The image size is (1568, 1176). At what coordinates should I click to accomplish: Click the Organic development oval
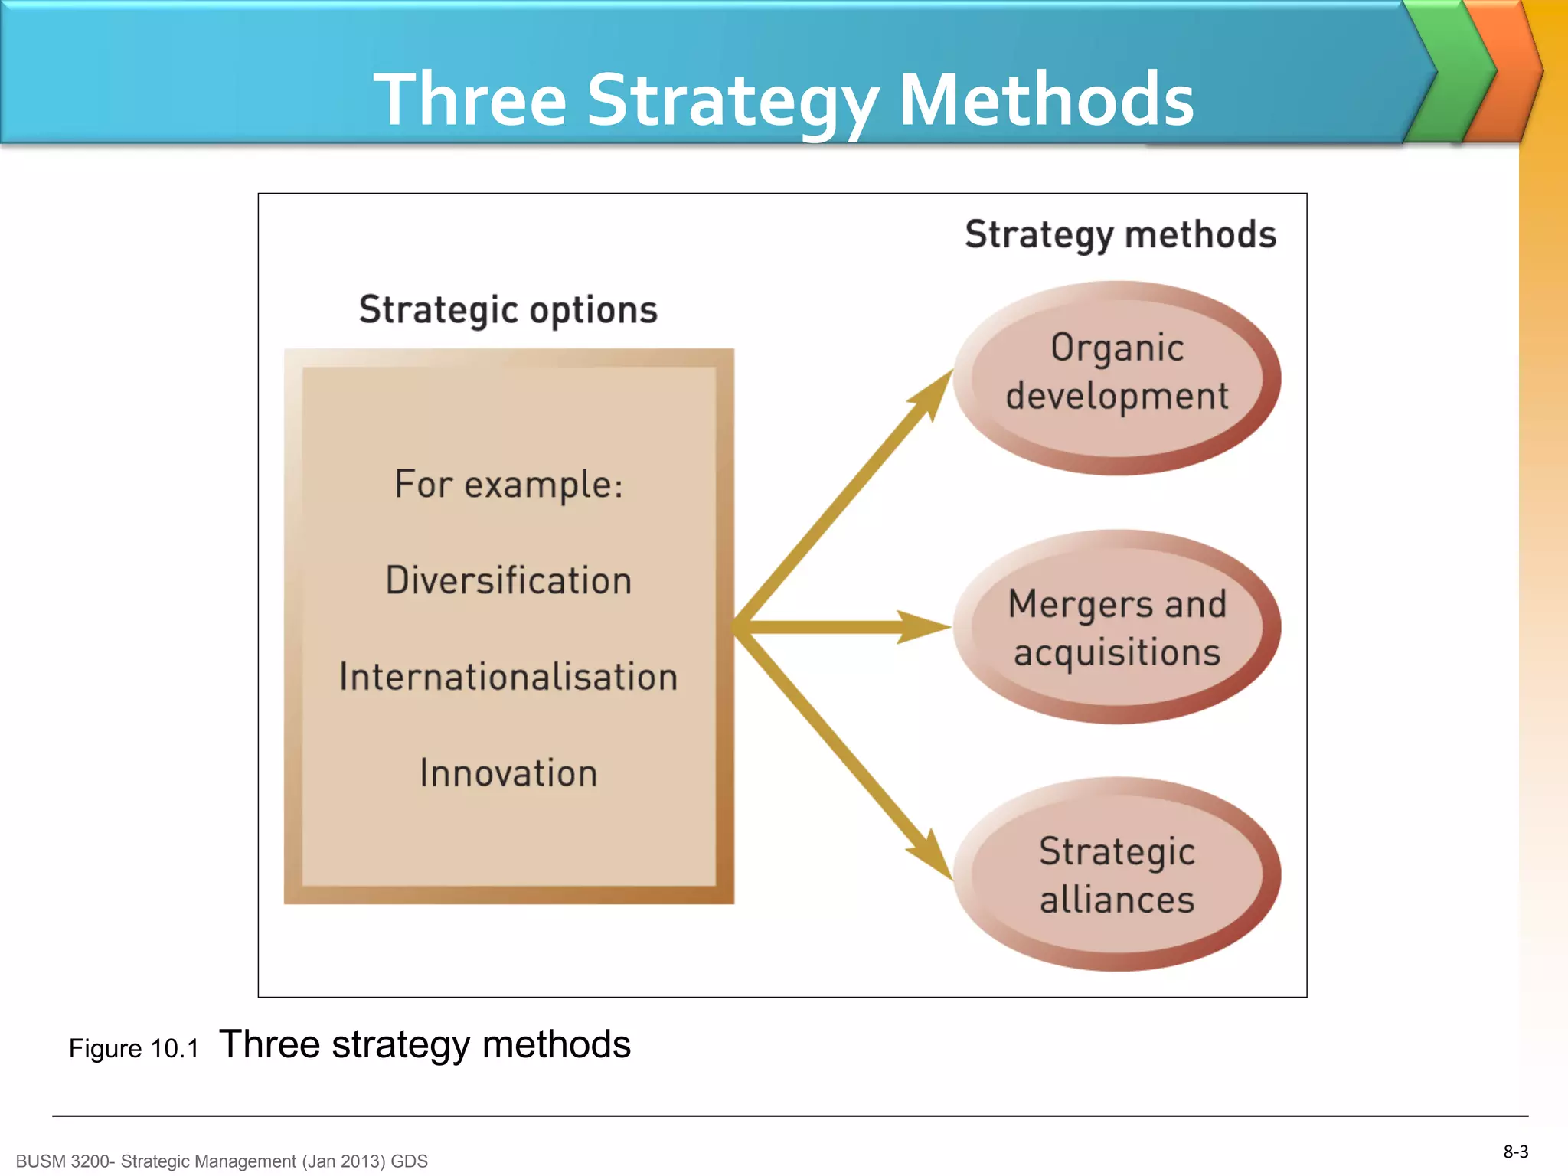[1116, 377]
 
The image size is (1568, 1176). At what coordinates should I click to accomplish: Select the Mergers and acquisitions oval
[1116, 626]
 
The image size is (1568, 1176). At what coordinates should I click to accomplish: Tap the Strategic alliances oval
[1116, 874]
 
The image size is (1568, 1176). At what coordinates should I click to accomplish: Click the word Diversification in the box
[508, 580]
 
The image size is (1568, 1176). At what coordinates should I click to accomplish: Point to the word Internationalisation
[508, 677]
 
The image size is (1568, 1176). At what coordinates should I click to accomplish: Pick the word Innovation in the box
[508, 773]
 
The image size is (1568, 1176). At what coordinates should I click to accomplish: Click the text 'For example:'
[508, 484]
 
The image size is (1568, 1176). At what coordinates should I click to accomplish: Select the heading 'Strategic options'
[508, 310]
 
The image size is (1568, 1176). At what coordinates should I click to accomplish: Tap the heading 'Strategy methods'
[1120, 234]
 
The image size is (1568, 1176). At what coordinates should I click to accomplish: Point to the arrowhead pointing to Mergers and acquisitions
[923, 627]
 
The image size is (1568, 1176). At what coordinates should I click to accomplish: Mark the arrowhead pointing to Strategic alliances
[933, 856]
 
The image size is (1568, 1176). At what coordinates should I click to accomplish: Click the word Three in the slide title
[469, 100]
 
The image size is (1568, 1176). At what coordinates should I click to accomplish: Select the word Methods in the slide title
[1046, 100]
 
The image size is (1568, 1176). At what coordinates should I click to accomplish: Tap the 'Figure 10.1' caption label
[134, 1048]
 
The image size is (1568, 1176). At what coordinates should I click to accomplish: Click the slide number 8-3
[1515, 1151]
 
